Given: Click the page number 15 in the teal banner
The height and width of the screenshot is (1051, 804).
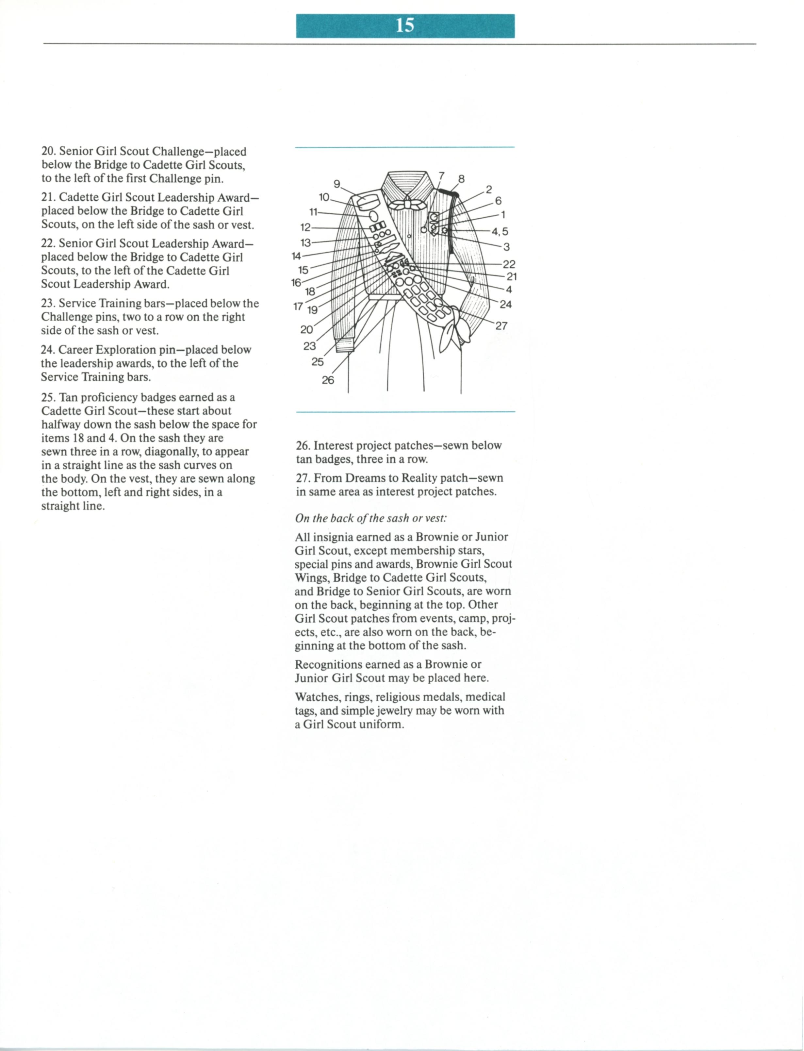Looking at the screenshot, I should pos(405,25).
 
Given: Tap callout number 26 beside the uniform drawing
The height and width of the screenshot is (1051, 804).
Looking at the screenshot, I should pos(328,380).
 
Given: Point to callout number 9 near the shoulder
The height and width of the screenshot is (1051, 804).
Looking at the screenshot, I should pos(337,184).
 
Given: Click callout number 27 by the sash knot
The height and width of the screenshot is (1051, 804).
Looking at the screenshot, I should pos(501,326).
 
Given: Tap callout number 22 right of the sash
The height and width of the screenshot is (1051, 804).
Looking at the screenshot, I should pos(509,264).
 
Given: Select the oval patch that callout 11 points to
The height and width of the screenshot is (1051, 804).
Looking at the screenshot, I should pos(374,218).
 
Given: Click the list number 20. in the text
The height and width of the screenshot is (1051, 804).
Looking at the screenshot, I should pos(48,152).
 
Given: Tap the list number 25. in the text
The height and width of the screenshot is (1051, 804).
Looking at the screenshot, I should pos(48,398).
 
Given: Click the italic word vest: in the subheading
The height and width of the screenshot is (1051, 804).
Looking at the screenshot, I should pos(436,518).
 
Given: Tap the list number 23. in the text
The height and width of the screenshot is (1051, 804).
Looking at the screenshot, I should pos(48,303).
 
